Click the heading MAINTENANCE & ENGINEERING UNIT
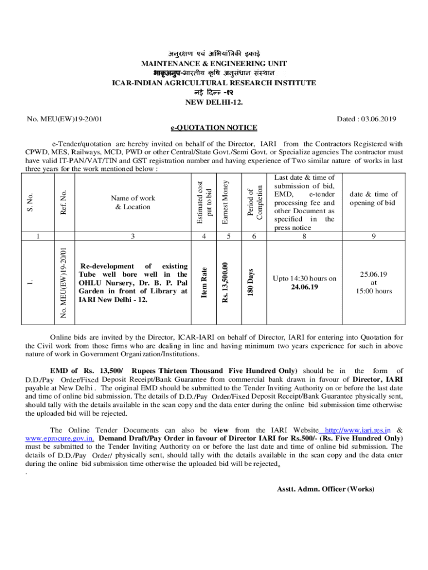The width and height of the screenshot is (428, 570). [x=214, y=64]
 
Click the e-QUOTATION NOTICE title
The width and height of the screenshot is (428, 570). [x=214, y=128]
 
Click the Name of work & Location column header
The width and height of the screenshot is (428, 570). [x=133, y=202]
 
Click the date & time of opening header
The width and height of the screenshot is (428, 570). [x=373, y=199]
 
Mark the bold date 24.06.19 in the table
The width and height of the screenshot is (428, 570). [x=304, y=287]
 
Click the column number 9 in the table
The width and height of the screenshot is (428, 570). [x=373, y=236]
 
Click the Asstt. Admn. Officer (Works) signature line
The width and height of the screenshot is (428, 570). [x=326, y=489]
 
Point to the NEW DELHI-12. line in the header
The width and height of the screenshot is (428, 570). [x=214, y=102]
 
